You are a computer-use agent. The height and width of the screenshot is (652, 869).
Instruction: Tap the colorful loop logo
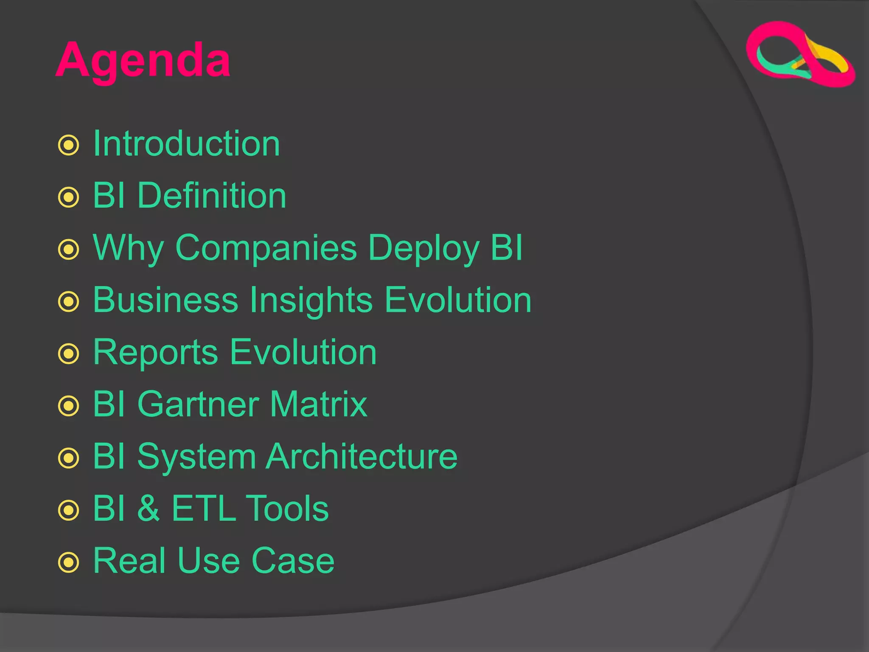[x=800, y=54]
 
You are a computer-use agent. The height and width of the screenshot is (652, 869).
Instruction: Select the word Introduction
[x=186, y=143]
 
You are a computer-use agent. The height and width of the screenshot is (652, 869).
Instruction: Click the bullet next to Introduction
[x=68, y=145]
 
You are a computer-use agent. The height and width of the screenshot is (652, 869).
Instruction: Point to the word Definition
[x=212, y=196]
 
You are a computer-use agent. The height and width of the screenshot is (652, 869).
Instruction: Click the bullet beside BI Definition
[x=68, y=197]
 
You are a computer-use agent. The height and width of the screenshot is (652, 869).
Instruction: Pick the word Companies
[x=266, y=248]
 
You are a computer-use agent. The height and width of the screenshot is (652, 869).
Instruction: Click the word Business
[x=165, y=300]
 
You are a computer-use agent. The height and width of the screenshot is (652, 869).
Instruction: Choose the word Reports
[x=155, y=353]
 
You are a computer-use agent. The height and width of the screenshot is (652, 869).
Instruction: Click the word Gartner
[x=198, y=404]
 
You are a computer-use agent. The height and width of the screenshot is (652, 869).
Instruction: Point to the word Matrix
[x=318, y=404]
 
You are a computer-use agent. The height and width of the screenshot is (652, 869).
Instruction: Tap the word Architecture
[x=362, y=456]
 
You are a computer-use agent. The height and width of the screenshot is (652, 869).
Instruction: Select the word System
[x=196, y=457]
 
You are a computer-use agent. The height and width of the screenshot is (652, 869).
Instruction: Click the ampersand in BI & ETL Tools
[x=149, y=508]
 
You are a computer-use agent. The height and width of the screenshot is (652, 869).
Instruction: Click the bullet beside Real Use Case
[x=68, y=562]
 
